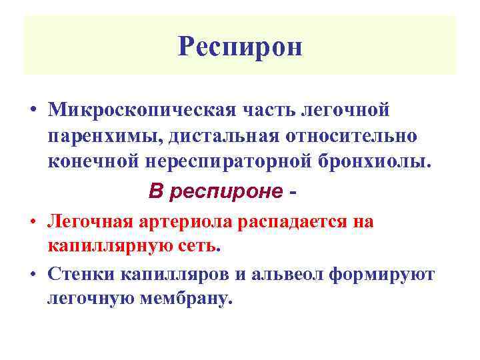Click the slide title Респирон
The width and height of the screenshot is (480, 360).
[241, 47]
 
